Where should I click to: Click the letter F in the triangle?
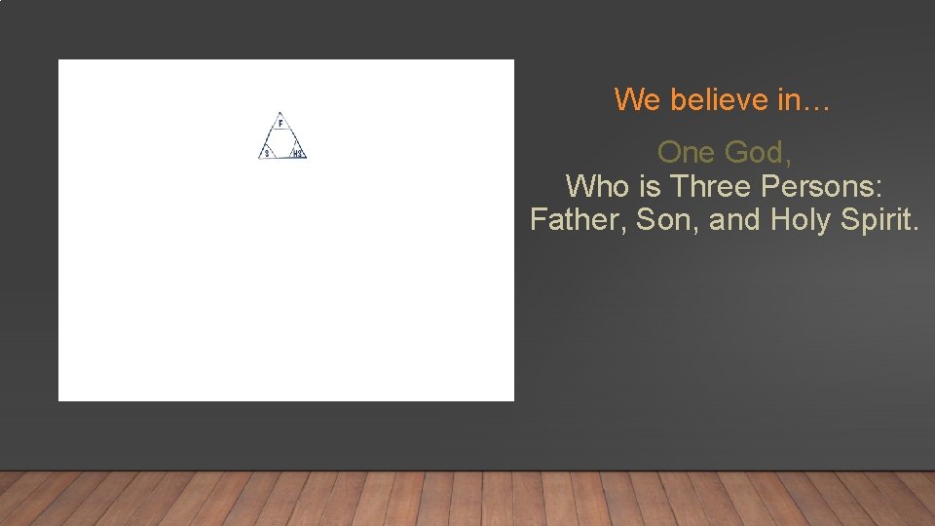280,125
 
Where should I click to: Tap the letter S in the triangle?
266,153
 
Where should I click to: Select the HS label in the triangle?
298,154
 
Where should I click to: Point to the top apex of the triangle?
280,112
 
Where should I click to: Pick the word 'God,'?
757,153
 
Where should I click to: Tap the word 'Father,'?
579,219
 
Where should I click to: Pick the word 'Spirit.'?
879,219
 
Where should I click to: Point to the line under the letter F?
280,131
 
